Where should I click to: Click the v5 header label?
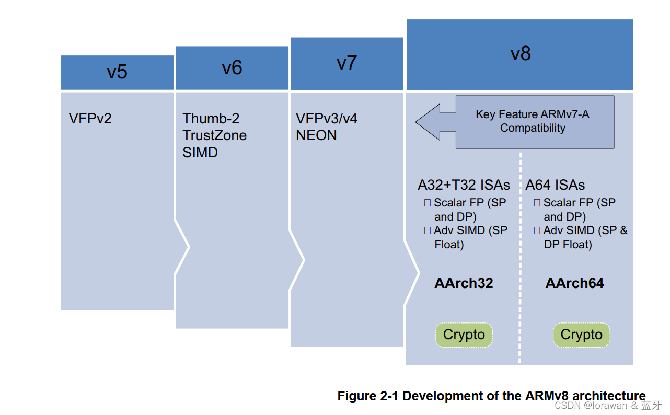(117, 72)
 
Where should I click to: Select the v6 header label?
(232, 68)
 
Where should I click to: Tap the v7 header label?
(346, 63)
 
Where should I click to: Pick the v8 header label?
(520, 54)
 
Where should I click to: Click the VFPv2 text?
(90, 118)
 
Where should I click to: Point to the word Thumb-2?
(211, 118)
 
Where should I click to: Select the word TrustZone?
(214, 135)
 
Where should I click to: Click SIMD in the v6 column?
(200, 153)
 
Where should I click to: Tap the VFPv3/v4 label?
(327, 118)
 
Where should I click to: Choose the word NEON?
(316, 135)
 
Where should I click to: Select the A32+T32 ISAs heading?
(464, 185)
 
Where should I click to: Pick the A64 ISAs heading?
(555, 185)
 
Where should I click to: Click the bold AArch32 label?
(464, 283)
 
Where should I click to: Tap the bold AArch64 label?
(574, 283)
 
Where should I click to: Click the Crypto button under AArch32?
(464, 335)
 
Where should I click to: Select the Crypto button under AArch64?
(581, 335)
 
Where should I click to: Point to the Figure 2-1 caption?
(491, 396)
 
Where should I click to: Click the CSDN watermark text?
(608, 406)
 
